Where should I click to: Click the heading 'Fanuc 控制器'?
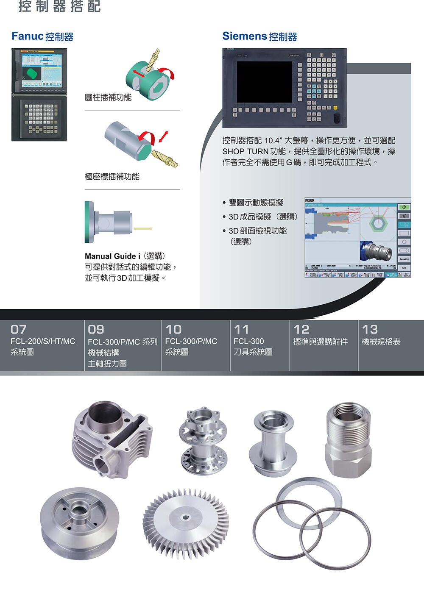(x=42, y=36)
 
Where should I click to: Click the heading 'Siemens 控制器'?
(x=259, y=36)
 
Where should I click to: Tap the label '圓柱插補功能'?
(x=108, y=97)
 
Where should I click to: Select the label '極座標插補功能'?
(x=112, y=177)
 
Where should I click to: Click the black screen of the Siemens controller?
(x=264, y=82)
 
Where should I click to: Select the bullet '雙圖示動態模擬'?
(x=256, y=203)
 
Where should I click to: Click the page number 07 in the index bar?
(x=19, y=329)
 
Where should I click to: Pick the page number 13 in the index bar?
(x=370, y=329)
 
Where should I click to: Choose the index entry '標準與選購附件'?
(x=320, y=342)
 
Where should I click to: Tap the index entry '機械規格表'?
(x=381, y=342)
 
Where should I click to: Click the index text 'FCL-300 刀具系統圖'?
(x=253, y=347)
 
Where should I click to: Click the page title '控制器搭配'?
(x=60, y=6)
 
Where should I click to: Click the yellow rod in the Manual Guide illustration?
(x=142, y=229)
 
